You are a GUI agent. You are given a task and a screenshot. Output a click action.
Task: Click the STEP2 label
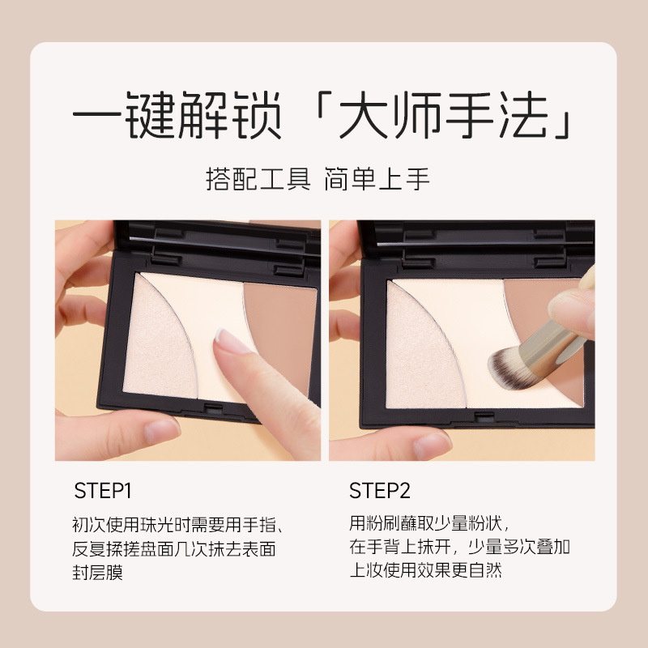pyautogui.click(x=380, y=491)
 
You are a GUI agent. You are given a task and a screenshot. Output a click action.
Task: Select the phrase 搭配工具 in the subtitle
pyautogui.click(x=258, y=179)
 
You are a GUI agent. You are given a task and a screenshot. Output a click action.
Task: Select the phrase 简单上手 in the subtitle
pyautogui.click(x=377, y=179)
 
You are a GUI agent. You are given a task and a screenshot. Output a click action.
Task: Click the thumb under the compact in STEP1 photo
pyautogui.click(x=154, y=429)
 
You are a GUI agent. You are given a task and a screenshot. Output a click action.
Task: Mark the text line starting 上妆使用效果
pyautogui.click(x=426, y=571)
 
